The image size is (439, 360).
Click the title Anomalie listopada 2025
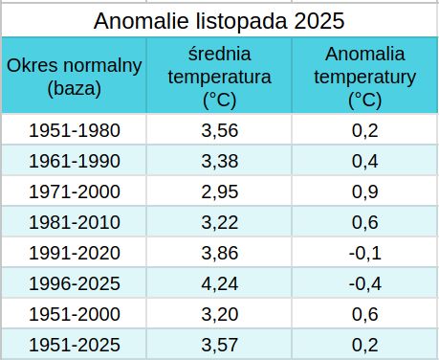point(219,21)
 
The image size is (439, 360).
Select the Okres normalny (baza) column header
point(74,77)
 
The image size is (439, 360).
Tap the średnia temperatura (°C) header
point(219,77)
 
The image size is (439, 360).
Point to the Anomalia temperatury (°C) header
point(365,77)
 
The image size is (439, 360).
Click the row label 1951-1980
point(75,130)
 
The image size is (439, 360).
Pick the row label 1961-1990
point(75,161)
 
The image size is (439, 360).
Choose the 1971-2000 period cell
point(75,191)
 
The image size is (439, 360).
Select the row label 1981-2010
point(75,222)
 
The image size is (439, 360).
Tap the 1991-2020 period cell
point(75,253)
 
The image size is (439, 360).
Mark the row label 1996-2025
point(75,283)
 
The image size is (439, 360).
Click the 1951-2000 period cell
point(75,314)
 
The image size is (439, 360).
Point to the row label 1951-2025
point(75,345)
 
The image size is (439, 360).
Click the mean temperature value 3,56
point(220,130)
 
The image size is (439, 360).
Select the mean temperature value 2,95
point(220,191)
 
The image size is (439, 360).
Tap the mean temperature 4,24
point(220,283)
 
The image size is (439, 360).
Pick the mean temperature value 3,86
point(220,253)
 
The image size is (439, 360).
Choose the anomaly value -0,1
point(365,253)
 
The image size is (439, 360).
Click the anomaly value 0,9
point(365,191)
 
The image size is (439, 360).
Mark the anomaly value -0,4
point(365,283)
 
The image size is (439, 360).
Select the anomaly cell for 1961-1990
point(365,161)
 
